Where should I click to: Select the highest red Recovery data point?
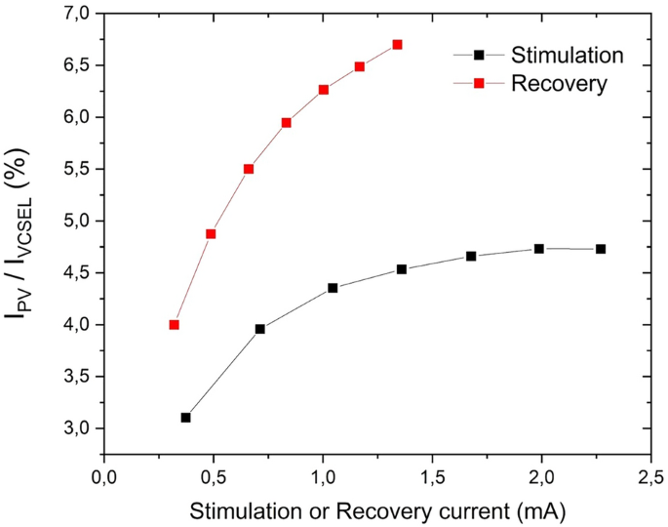click(397, 45)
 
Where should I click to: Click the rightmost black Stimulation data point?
click(601, 249)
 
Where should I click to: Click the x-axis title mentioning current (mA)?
click(377, 510)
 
